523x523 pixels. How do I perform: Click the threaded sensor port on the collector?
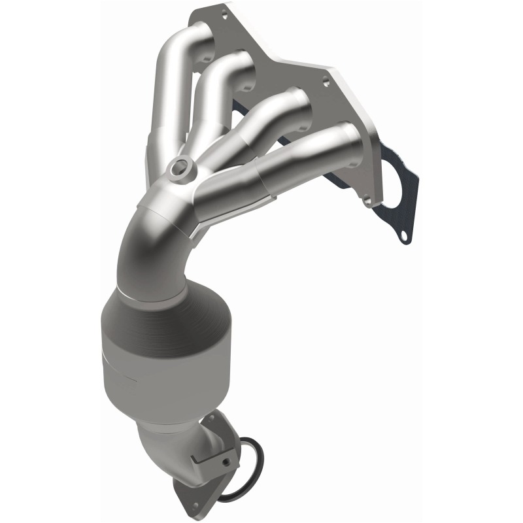click(177, 171)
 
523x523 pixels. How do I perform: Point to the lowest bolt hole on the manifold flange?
click(369, 201)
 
